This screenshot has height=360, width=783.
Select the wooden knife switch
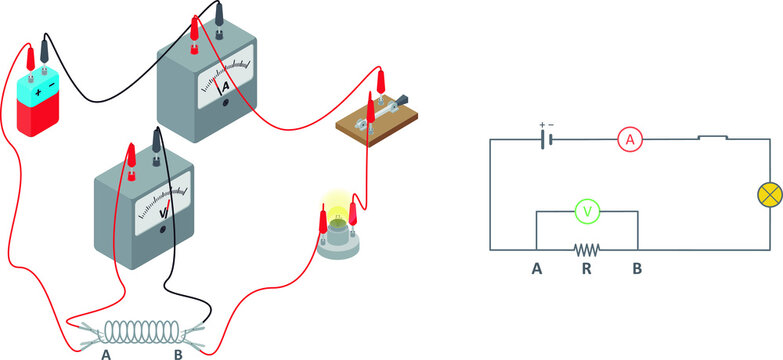(x=376, y=121)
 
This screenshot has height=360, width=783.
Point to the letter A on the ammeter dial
(x=226, y=87)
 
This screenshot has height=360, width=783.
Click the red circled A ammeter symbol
(x=629, y=141)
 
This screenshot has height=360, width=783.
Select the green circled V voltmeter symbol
(x=587, y=211)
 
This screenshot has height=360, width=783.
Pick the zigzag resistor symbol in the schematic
(x=587, y=249)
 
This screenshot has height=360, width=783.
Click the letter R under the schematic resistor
(x=587, y=269)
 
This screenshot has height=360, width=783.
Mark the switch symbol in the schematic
(x=711, y=138)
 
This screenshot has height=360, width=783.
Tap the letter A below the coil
(x=106, y=352)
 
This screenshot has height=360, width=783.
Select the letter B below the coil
(x=179, y=352)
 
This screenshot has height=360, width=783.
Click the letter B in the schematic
(x=636, y=269)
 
